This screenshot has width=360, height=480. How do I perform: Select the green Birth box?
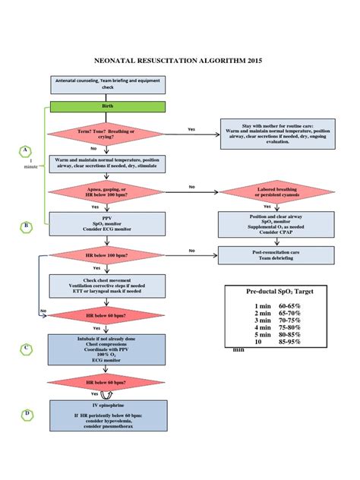click(x=106, y=107)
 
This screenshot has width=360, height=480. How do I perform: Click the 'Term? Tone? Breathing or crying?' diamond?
click(x=106, y=134)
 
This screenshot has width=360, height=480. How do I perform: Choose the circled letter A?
click(x=27, y=151)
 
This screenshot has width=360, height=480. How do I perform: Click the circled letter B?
click(x=27, y=226)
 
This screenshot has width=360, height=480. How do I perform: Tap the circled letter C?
click(x=27, y=349)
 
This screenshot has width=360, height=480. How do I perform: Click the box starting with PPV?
click(x=106, y=222)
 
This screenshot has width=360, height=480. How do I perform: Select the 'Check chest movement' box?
click(x=106, y=285)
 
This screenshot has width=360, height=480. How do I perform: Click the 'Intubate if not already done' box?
click(x=106, y=347)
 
